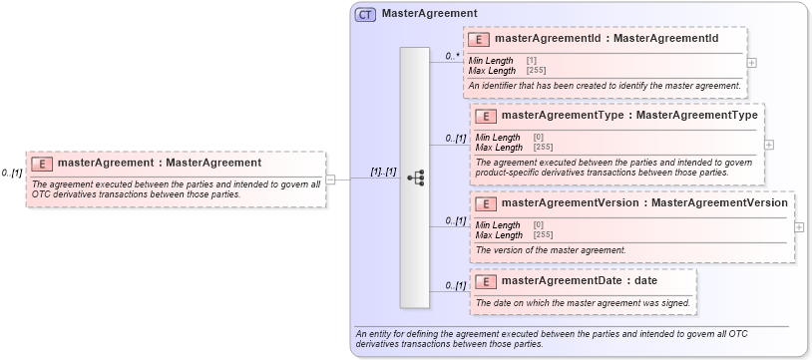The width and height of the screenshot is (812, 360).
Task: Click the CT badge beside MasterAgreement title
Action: (366, 14)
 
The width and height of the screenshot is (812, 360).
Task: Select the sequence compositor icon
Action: (415, 178)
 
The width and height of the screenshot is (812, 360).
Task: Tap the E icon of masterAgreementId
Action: (479, 40)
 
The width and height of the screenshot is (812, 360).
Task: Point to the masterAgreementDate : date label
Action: (580, 280)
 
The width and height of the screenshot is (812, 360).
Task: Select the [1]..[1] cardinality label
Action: (383, 172)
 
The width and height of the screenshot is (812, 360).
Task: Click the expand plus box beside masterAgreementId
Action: (751, 62)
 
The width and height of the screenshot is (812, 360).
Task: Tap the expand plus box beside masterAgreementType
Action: (769, 144)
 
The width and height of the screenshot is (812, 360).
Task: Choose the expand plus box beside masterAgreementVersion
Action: (800, 226)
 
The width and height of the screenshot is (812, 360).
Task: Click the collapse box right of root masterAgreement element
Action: (330, 180)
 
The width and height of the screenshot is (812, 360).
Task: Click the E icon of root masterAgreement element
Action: (43, 163)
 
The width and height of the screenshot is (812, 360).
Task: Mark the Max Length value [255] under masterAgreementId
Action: (536, 71)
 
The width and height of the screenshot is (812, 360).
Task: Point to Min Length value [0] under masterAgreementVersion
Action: (539, 225)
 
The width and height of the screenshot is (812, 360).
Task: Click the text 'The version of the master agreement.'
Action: (551, 249)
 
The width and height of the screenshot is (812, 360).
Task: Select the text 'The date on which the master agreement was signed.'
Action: (583, 302)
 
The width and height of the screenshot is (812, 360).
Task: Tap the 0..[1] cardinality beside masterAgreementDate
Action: (455, 286)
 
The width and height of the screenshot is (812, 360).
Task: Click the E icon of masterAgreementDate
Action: (485, 280)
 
